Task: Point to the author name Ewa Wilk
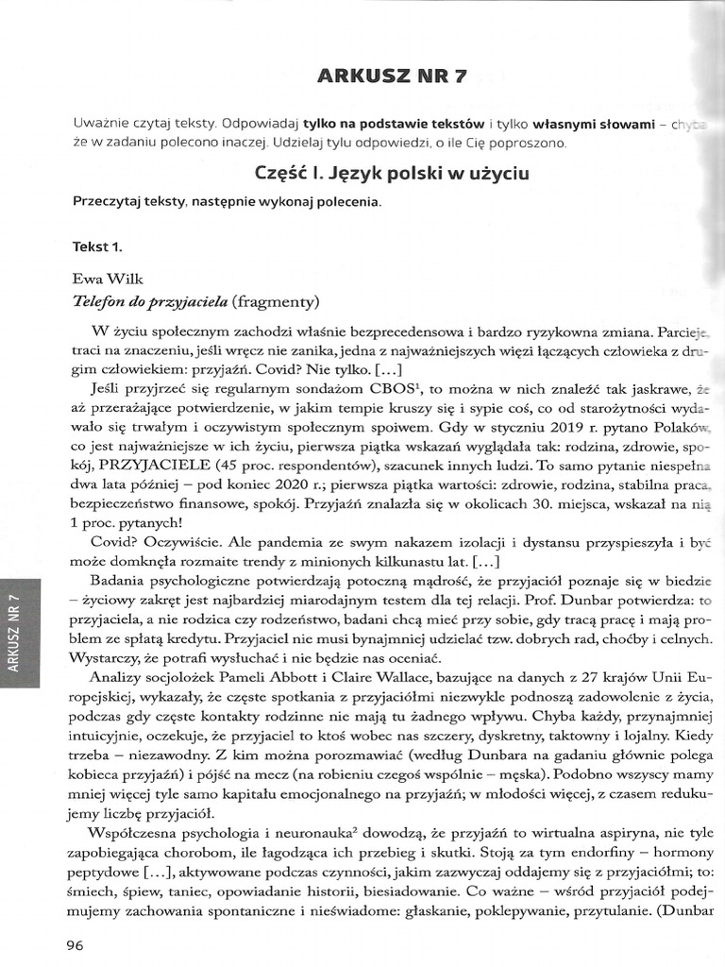pyautogui.click(x=104, y=280)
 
